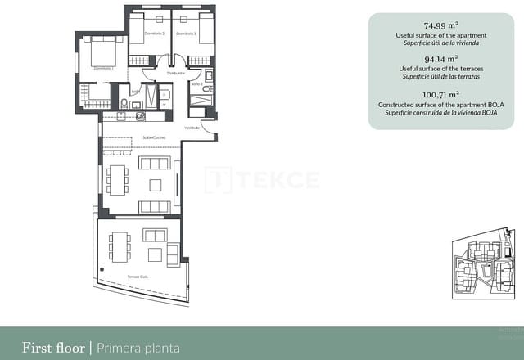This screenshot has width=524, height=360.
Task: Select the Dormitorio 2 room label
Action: tap(155, 34)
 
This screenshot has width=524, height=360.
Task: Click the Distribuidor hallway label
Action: tap(175, 73)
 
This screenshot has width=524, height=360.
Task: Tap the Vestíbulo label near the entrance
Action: tap(192, 128)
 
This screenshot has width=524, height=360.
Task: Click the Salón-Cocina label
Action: tap(154, 137)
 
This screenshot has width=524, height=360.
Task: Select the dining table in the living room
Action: tap(117, 179)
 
